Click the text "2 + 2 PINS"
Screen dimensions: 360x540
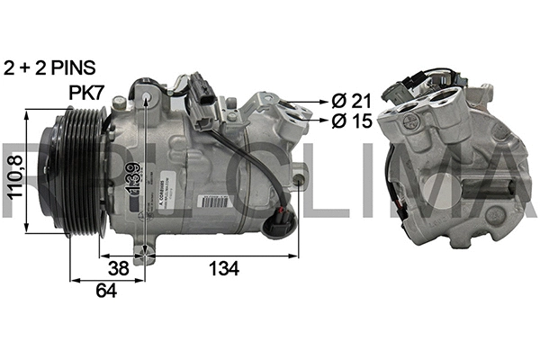(x=49, y=67)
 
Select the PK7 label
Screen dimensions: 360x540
(x=87, y=92)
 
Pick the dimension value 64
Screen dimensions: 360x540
(x=106, y=289)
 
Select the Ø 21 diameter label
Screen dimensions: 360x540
(x=351, y=99)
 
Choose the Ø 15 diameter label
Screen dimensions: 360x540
(x=351, y=119)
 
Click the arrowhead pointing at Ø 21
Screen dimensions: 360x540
(x=318, y=99)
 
